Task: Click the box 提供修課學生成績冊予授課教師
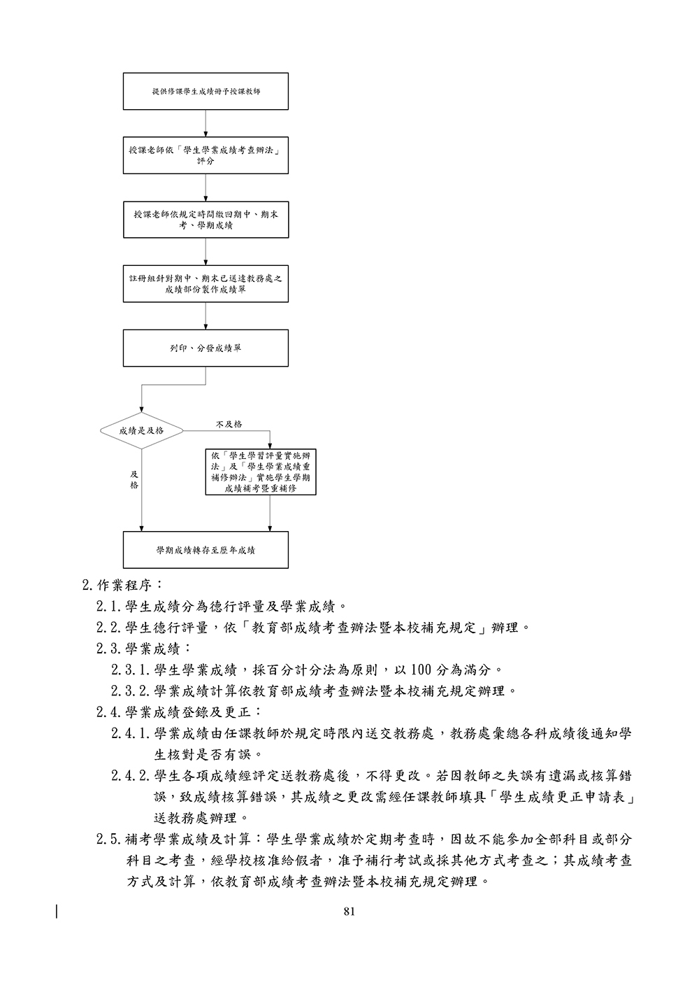point(206,91)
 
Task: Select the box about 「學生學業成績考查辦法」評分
point(206,155)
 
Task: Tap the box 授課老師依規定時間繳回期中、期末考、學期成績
point(206,220)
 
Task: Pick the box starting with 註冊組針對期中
point(206,283)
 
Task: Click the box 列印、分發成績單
point(206,348)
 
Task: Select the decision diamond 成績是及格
point(142,430)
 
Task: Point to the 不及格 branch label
point(229,424)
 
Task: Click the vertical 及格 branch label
point(134,479)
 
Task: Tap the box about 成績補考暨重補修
point(261,472)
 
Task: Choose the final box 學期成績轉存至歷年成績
point(206,550)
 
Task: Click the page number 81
point(349,911)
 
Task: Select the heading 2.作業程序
point(123,584)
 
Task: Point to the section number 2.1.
point(110,606)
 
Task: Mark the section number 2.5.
point(110,839)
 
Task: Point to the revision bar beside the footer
point(57,912)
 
